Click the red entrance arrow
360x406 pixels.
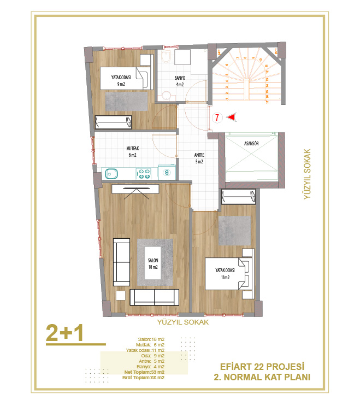coord(232,117)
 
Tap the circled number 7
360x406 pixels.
coord(217,117)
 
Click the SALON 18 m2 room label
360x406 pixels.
coord(152,263)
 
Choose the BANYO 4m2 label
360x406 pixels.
coord(180,81)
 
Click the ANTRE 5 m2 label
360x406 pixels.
coord(199,158)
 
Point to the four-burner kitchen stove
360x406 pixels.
coord(145,174)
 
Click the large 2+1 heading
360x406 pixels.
coord(64,333)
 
